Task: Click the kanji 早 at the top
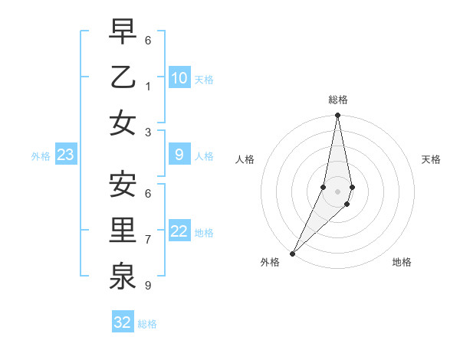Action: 123,32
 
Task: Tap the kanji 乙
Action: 123,77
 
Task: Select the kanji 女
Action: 123,123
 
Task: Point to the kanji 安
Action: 123,185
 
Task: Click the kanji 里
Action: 123,231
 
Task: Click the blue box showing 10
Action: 179,77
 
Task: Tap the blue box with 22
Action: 179,231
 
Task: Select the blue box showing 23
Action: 66,155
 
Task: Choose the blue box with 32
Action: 123,322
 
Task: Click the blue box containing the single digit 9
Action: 179,155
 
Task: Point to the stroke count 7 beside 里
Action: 148,239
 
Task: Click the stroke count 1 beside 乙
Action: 148,86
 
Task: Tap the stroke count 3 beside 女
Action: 148,132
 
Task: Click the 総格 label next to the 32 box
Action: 147,324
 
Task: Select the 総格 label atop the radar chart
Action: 338,100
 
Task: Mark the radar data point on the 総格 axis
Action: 337,116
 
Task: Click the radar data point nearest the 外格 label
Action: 292,254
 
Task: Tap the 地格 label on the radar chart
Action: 402,262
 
